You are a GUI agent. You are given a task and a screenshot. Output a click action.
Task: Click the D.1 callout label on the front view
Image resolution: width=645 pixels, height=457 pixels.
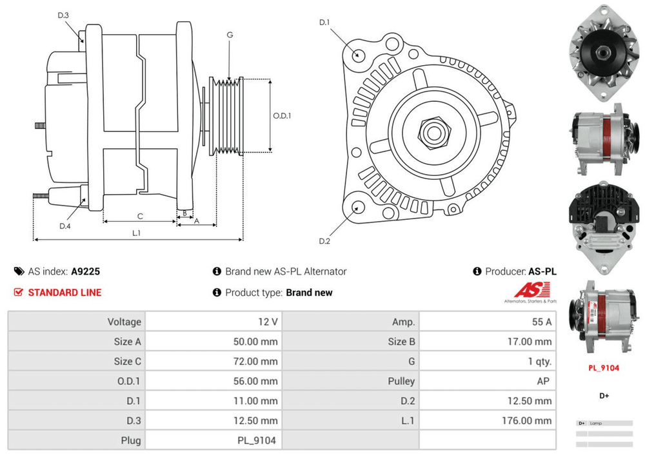click(x=324, y=23)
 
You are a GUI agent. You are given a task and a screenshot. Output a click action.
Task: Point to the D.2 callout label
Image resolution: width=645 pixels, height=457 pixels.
click(x=324, y=241)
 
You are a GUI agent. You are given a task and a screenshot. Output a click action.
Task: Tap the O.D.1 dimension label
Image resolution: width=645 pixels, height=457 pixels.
click(x=282, y=116)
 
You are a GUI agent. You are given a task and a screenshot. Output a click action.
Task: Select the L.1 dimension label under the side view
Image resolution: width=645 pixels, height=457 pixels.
click(x=137, y=233)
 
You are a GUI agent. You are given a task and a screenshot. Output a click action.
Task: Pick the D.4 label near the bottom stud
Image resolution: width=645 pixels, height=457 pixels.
click(x=64, y=226)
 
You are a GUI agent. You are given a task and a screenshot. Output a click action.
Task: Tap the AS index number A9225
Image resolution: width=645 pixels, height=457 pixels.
click(x=85, y=271)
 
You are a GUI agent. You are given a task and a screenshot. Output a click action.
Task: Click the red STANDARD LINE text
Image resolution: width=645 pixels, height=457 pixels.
click(x=64, y=292)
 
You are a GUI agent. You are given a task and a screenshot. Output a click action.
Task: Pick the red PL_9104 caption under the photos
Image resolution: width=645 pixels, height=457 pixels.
click(x=603, y=368)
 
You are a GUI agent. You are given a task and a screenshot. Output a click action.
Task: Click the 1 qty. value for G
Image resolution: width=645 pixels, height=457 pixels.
click(x=539, y=361)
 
